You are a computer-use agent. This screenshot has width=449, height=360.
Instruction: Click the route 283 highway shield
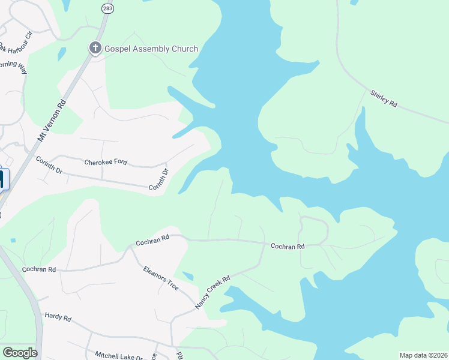tap(107, 9)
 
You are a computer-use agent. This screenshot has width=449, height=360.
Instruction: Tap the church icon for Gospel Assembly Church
tap(95, 48)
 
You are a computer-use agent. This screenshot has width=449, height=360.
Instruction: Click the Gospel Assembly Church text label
tap(151, 49)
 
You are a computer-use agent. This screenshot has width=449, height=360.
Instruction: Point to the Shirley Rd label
tap(384, 99)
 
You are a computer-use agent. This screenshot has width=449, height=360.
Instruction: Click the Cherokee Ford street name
tap(106, 163)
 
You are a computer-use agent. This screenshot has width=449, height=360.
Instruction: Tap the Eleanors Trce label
tap(161, 278)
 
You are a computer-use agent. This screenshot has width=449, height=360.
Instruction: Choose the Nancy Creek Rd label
tap(212, 293)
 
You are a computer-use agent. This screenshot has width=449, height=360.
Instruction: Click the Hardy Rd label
tap(58, 315)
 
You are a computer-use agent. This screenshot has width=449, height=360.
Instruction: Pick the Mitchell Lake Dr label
tap(119, 355)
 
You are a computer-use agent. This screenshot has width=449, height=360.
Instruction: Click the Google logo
tap(20, 353)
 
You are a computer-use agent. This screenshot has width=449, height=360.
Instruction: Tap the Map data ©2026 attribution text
tap(423, 355)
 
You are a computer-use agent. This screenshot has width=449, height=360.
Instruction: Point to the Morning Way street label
tap(13, 66)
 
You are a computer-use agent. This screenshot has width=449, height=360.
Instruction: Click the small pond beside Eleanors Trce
tap(188, 276)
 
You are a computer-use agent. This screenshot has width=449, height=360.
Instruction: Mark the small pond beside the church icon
tap(62, 53)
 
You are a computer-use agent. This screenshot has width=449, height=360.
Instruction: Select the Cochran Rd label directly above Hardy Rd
tap(39, 270)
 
